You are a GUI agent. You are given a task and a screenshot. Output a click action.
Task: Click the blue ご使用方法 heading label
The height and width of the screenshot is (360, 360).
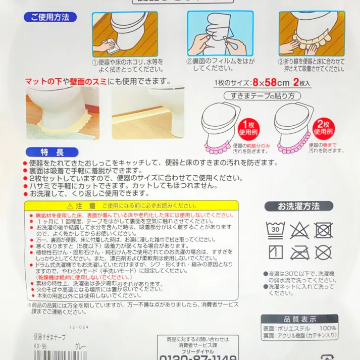point(49,17)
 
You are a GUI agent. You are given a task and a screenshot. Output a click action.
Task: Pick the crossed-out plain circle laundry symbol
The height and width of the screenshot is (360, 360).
point(324,252)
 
